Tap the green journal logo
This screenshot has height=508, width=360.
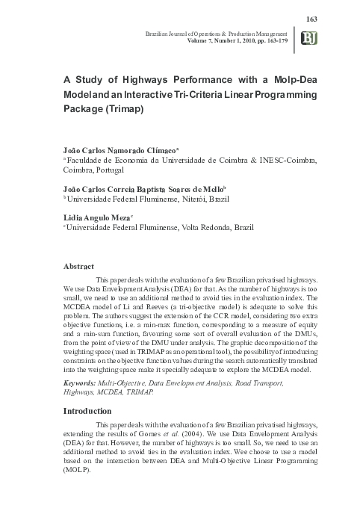(307, 39)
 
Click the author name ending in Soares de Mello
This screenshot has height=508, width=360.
(187, 190)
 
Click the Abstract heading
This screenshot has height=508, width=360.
(78, 266)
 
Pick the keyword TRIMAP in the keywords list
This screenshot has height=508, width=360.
(136, 391)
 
